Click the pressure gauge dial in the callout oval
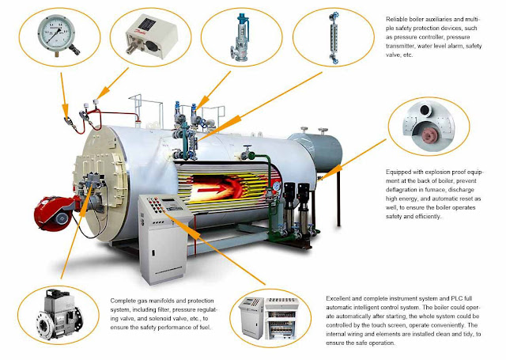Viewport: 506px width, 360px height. pyautogui.click(x=56, y=33)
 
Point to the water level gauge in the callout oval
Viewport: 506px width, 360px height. pyautogui.click(x=334, y=38)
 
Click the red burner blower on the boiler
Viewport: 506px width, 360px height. pyautogui.click(x=54, y=213)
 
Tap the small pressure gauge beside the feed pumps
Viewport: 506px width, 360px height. pyautogui.click(x=276, y=186)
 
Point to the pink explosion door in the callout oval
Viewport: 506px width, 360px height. pyautogui.click(x=429, y=135)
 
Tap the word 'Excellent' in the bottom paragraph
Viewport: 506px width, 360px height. pyautogui.click(x=338, y=298)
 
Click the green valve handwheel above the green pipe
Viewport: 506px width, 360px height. pyautogui.click(x=247, y=147)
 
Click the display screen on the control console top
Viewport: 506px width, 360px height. pyautogui.click(x=168, y=202)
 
